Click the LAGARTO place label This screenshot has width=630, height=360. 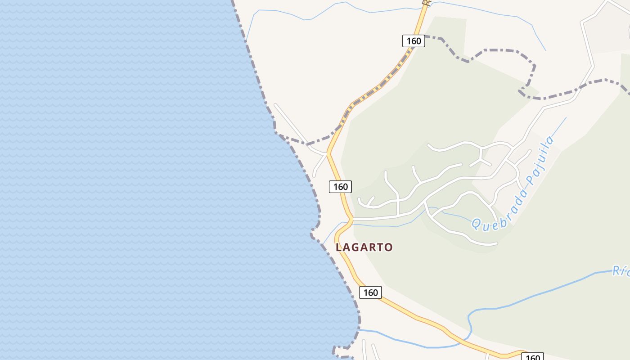[x=364, y=247]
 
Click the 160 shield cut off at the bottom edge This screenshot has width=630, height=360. [x=532, y=357]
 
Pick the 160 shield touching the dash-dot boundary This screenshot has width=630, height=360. [x=414, y=41]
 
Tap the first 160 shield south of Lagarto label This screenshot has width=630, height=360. [x=370, y=292]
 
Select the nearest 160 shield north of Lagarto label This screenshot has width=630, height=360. [x=340, y=186]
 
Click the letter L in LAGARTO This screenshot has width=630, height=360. [x=339, y=247]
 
